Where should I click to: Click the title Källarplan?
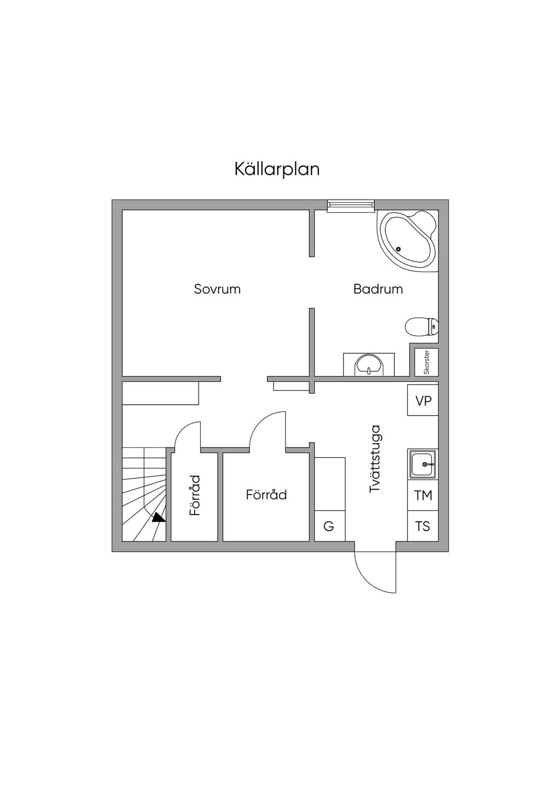277,168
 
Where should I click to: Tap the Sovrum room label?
217,289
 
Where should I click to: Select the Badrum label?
378,289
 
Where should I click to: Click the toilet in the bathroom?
422,327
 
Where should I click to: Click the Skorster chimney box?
427,362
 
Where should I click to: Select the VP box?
423,401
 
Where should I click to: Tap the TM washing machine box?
423,496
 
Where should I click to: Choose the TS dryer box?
423,526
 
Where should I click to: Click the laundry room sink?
423,465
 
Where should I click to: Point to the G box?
329,526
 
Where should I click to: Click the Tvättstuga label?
375,459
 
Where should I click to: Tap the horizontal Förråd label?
266,495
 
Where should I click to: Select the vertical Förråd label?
195,495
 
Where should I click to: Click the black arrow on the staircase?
159,517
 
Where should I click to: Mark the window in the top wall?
351,205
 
